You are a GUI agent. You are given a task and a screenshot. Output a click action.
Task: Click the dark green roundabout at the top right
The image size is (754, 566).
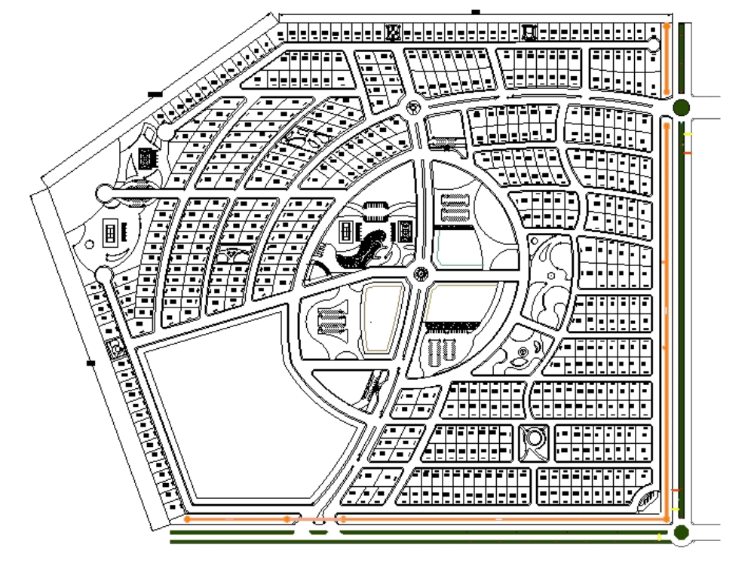681,107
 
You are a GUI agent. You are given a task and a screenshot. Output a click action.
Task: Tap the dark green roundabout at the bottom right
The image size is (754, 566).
682,534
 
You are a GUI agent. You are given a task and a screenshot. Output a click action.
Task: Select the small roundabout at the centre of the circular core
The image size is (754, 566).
421,274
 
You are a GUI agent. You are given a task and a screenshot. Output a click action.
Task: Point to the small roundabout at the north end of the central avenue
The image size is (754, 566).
412,108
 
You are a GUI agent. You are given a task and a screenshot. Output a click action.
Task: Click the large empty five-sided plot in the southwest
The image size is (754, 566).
241,407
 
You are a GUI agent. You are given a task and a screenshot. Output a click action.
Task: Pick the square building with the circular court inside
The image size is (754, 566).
534,438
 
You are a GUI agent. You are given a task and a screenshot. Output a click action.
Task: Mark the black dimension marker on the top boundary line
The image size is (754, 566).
475,11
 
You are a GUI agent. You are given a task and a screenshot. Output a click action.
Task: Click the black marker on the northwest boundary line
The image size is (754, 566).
155,94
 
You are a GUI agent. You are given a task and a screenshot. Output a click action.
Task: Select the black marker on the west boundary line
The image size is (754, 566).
91,364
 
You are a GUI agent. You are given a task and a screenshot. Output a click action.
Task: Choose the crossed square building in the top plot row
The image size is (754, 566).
392,32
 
